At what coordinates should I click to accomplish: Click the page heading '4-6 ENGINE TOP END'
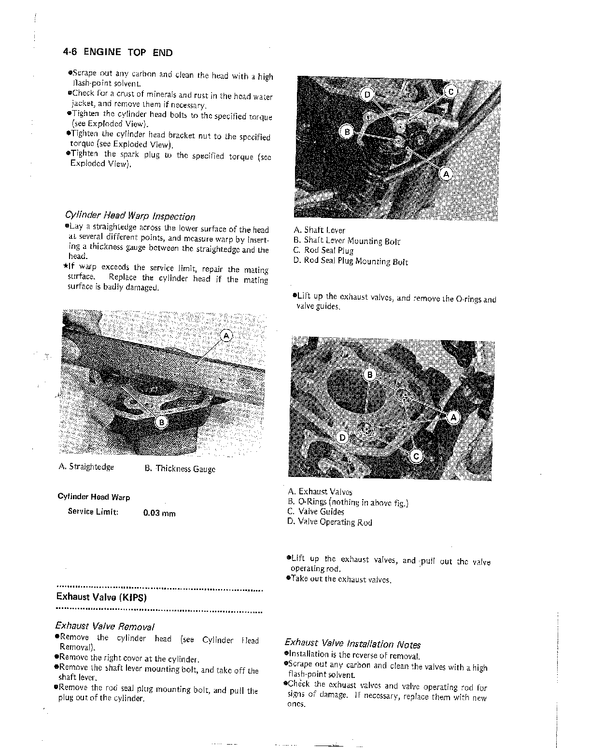(117, 52)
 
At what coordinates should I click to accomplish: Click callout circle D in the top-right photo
(366, 94)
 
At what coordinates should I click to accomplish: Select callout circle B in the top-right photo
(346, 131)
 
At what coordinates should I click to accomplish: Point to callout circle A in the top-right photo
(446, 173)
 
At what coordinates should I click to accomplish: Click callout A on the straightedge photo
(226, 336)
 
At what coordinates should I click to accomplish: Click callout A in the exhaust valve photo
(453, 417)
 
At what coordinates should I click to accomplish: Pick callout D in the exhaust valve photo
(342, 438)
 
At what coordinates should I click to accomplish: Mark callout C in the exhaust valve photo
(416, 456)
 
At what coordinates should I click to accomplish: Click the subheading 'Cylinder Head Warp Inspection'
(130, 216)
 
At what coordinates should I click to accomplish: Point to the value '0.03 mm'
(159, 513)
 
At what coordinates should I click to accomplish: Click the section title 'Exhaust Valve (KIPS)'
(101, 597)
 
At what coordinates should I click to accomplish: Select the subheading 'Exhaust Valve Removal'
(105, 627)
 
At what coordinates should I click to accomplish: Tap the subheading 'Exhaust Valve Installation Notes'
(352, 644)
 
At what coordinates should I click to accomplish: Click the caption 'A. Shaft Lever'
(319, 230)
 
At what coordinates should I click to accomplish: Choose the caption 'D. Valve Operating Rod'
(329, 522)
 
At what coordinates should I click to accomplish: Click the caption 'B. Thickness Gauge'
(180, 469)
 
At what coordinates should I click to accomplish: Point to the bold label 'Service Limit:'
(93, 512)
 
